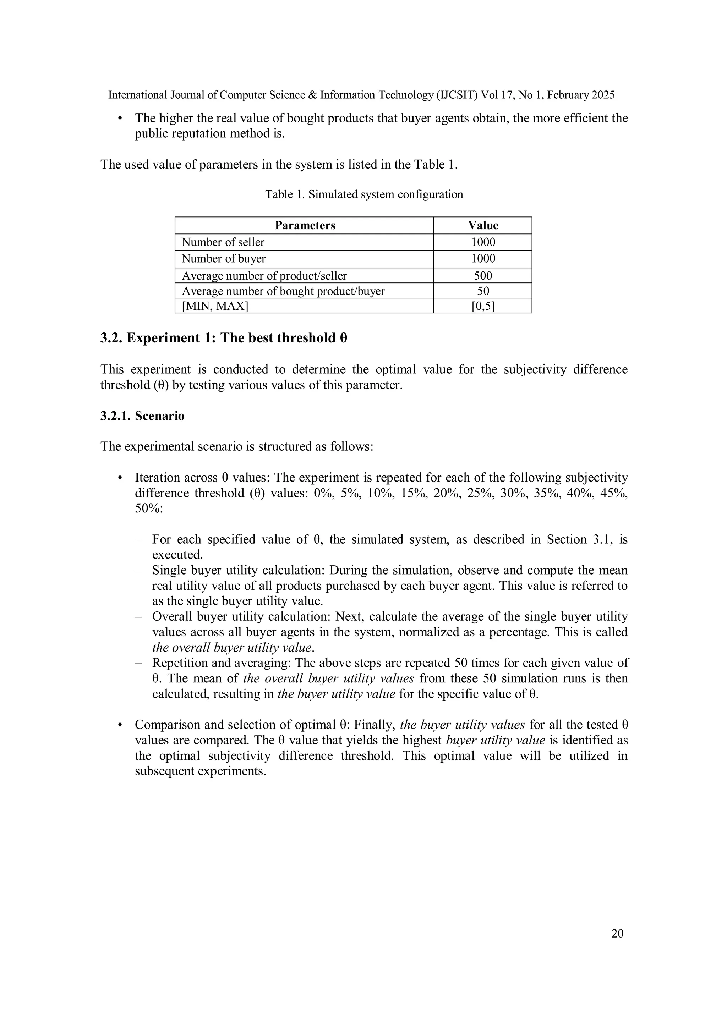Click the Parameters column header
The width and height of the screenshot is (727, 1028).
pos(305,225)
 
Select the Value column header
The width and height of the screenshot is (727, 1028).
pos(483,225)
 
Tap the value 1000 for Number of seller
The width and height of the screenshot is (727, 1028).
pos(483,242)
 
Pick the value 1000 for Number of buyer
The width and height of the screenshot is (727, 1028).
pos(483,259)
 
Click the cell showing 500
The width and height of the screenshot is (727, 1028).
pos(483,275)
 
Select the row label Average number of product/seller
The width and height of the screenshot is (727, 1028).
pos(264,276)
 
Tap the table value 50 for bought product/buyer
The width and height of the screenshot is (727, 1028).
pos(483,291)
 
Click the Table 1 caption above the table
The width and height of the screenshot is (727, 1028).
pos(364,194)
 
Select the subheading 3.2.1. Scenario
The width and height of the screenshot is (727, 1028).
pos(142,416)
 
